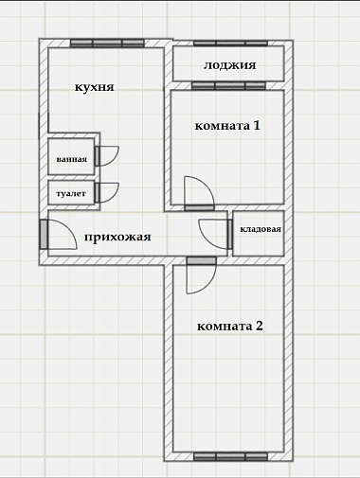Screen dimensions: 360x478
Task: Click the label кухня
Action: point(94,87)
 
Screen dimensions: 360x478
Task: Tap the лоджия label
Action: point(229,65)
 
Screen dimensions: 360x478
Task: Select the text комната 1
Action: point(227,126)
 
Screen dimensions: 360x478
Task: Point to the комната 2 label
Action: point(230,326)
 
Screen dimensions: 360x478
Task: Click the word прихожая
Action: point(117,237)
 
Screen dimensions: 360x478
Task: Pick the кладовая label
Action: point(261,229)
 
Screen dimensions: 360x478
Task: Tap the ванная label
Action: point(72,159)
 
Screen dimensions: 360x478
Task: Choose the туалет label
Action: point(71,193)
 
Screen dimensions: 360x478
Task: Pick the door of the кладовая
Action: point(216,234)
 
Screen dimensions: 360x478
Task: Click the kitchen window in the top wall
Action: point(107,44)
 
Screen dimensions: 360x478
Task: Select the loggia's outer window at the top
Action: point(230,44)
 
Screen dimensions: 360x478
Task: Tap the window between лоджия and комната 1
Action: point(229,85)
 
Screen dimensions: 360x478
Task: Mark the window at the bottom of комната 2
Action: point(230,456)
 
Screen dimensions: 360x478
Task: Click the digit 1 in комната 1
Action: point(257,125)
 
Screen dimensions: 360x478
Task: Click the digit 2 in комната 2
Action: point(259,326)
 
